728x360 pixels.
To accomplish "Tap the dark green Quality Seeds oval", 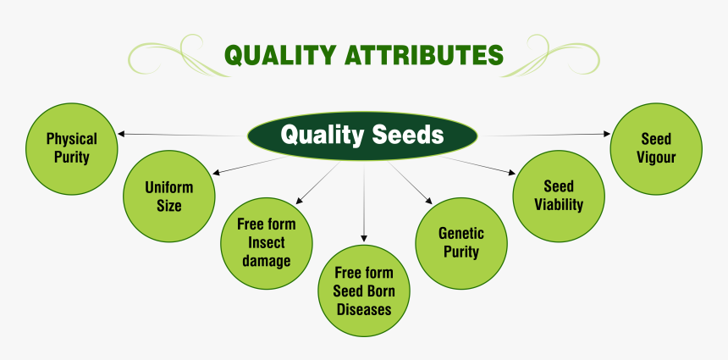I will click(362, 135).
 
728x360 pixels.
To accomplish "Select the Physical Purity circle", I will click(72, 147).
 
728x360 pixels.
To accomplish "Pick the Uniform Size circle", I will click(168, 196).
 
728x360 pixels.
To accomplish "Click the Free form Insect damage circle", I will click(266, 243).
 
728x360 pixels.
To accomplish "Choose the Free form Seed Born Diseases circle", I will click(364, 290).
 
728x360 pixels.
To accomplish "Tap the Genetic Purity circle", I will click(461, 242).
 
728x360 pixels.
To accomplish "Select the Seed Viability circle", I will click(559, 196).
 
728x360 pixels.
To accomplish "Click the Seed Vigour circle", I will click(656, 148).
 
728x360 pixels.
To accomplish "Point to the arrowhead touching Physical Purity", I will click(122, 134).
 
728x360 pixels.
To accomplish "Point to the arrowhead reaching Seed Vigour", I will click(606, 134).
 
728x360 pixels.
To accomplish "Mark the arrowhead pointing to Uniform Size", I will click(216, 173).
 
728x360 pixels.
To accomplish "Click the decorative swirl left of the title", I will click(174, 55).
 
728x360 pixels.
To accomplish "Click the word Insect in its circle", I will click(266, 243).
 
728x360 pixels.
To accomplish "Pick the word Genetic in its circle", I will click(461, 233).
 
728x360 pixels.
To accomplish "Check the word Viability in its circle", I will click(559, 204).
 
